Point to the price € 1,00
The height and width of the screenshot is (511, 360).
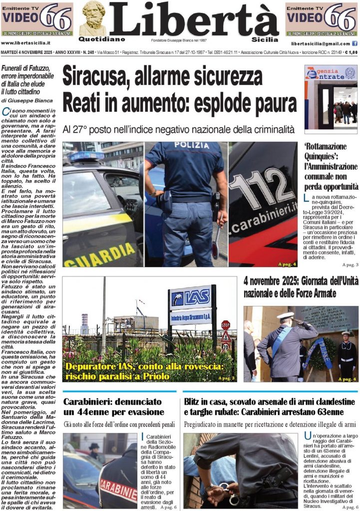[350, 52]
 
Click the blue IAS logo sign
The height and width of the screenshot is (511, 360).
[190, 298]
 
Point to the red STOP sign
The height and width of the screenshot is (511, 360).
[225, 324]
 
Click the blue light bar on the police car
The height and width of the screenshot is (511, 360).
[86, 156]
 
